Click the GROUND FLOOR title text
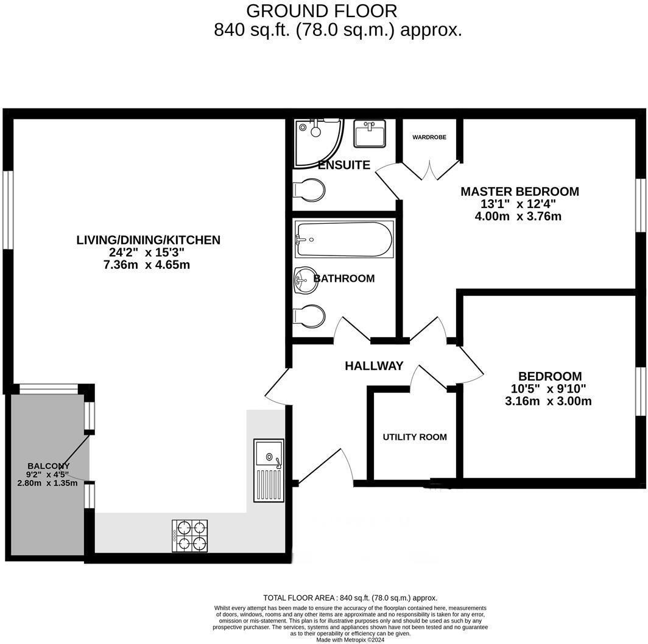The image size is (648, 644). click(x=322, y=10)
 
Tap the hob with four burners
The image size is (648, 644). click(x=190, y=536)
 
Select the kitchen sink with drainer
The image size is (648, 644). click(x=269, y=470)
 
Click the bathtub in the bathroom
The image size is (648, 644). click(x=344, y=239)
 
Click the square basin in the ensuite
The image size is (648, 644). click(x=370, y=134)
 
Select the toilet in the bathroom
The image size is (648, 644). click(x=309, y=317)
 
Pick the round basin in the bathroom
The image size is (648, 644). click(x=305, y=281)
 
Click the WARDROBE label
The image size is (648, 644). click(x=429, y=137)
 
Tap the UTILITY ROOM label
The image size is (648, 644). click(x=415, y=437)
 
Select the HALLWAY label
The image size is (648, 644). click(x=374, y=366)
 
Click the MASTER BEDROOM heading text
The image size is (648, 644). click(x=519, y=191)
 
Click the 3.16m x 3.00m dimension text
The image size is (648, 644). click(x=549, y=401)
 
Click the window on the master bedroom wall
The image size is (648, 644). click(x=641, y=205)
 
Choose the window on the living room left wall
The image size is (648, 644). click(x=8, y=209)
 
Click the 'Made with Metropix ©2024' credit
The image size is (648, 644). click(x=350, y=640)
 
